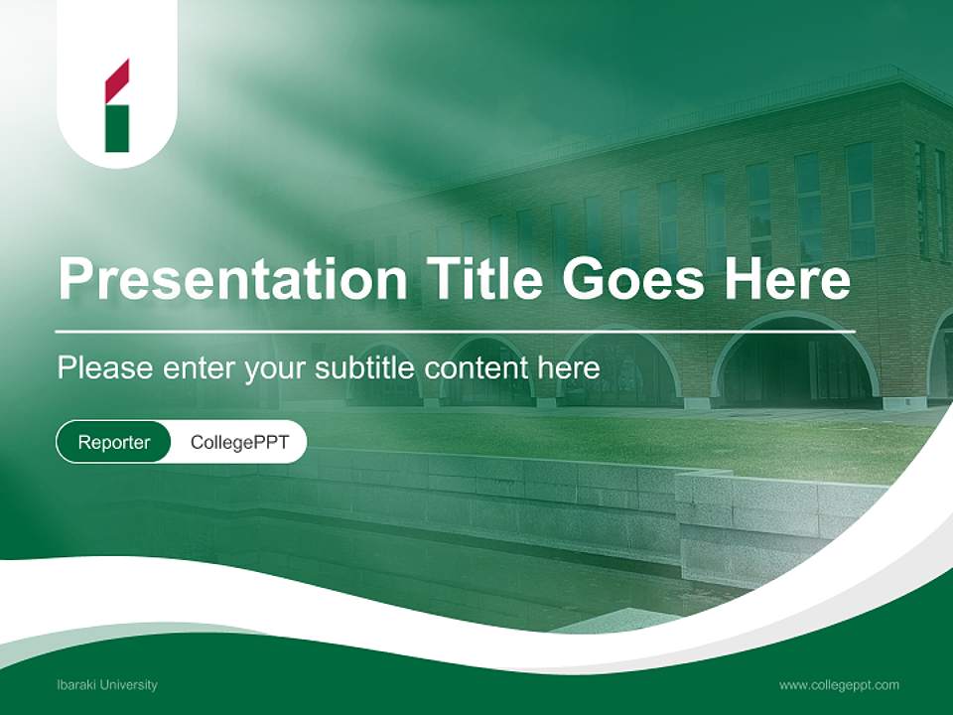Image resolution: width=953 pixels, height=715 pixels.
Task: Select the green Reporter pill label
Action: [x=113, y=443]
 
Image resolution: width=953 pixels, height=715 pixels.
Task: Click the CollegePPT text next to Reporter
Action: [x=239, y=443]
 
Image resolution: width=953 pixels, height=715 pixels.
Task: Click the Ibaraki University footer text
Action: [x=107, y=685]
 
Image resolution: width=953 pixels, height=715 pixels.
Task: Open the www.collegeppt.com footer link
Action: [x=839, y=685]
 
